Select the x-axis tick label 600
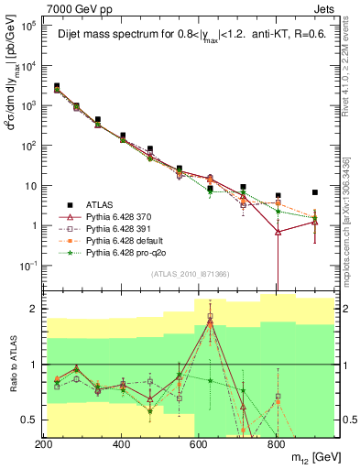(199, 443)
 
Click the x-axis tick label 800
(276, 443)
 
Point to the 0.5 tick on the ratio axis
(29, 420)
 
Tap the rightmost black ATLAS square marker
(314, 192)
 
